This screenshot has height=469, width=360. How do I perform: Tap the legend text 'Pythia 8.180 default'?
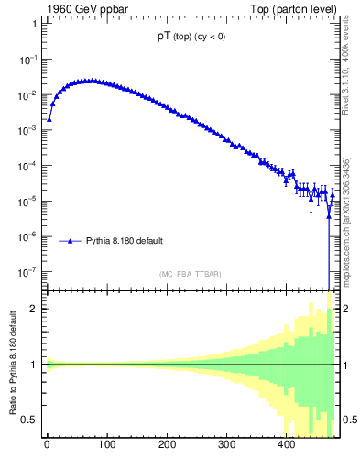[125, 241]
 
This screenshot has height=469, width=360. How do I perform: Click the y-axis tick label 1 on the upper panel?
[33, 24]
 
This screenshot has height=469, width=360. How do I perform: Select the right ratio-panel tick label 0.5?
[349, 420]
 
